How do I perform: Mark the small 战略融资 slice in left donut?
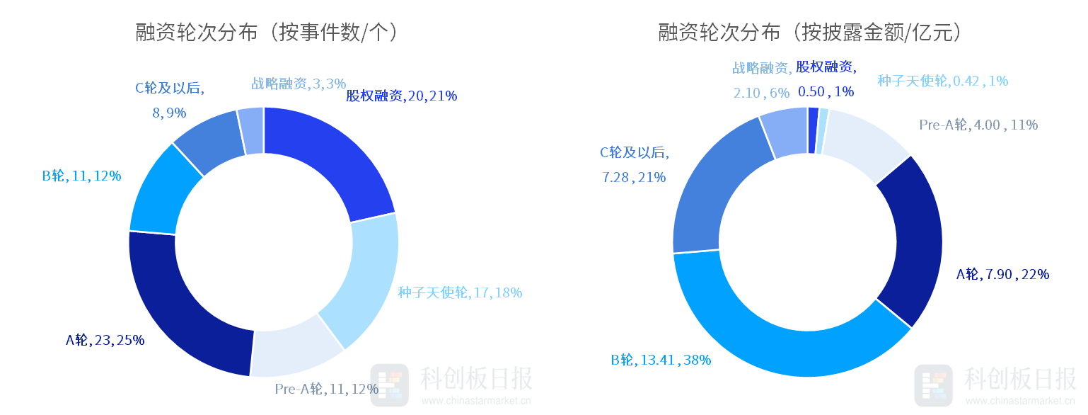252,131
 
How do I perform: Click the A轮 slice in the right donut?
913,241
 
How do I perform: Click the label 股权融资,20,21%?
401,96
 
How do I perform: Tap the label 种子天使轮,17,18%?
460,292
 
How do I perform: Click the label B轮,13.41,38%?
661,360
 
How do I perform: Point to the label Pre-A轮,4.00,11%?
978,125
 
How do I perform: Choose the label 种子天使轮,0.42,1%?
942,81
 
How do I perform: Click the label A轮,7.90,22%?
1002,274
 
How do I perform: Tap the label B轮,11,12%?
81,176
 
